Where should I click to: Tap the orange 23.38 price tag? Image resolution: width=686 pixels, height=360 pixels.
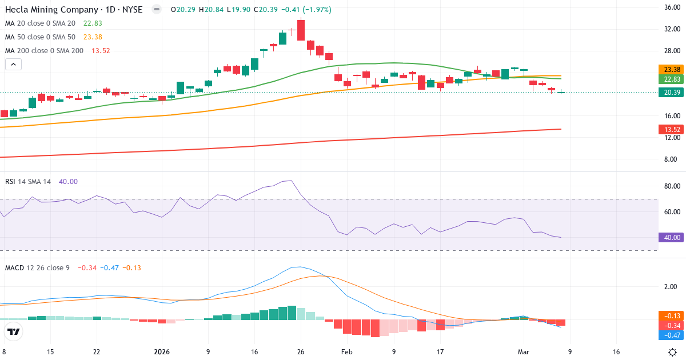coord(672,69)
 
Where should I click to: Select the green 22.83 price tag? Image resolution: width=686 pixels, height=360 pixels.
coord(672,79)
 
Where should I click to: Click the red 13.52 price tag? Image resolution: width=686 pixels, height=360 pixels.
coord(672,130)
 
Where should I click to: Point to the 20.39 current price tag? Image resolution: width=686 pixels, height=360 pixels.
coord(672,92)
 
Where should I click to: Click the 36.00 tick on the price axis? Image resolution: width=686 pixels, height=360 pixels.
coord(672,7)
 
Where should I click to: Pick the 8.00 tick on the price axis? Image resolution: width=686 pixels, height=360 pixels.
coord(672,159)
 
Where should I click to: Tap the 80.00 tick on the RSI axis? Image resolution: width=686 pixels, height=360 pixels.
coord(672,186)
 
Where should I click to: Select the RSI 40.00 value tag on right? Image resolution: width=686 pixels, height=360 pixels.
coord(672,238)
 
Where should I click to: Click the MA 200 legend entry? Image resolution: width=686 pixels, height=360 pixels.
coord(44,51)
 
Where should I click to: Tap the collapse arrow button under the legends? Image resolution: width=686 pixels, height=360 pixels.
coord(13,64)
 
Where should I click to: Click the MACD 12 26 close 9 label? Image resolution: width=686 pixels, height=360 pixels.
coord(37,267)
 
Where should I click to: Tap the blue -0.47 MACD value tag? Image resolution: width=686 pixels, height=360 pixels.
coord(672,335)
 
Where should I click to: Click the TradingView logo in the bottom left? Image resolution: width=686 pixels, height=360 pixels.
coord(14,331)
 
